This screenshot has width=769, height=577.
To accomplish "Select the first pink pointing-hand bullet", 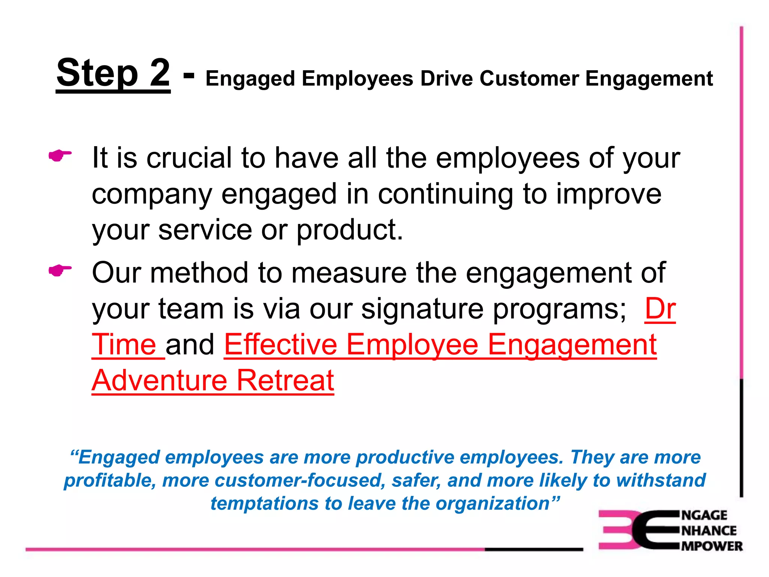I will click(x=60, y=155).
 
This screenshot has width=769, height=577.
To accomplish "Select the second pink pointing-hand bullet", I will click(x=60, y=270).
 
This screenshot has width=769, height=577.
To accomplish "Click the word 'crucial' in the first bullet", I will click(x=189, y=158).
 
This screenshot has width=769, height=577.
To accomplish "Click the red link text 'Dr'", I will click(x=660, y=309).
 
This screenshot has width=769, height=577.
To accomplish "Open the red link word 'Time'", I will click(x=124, y=344).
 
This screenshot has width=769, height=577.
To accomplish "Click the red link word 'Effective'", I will click(x=281, y=344).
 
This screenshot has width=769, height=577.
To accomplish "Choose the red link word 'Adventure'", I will click(x=160, y=380).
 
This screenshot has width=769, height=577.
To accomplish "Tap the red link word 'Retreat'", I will click(x=285, y=380).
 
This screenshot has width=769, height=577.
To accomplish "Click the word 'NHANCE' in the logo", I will click(x=709, y=530).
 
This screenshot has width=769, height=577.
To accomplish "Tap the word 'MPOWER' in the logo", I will click(x=712, y=546).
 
